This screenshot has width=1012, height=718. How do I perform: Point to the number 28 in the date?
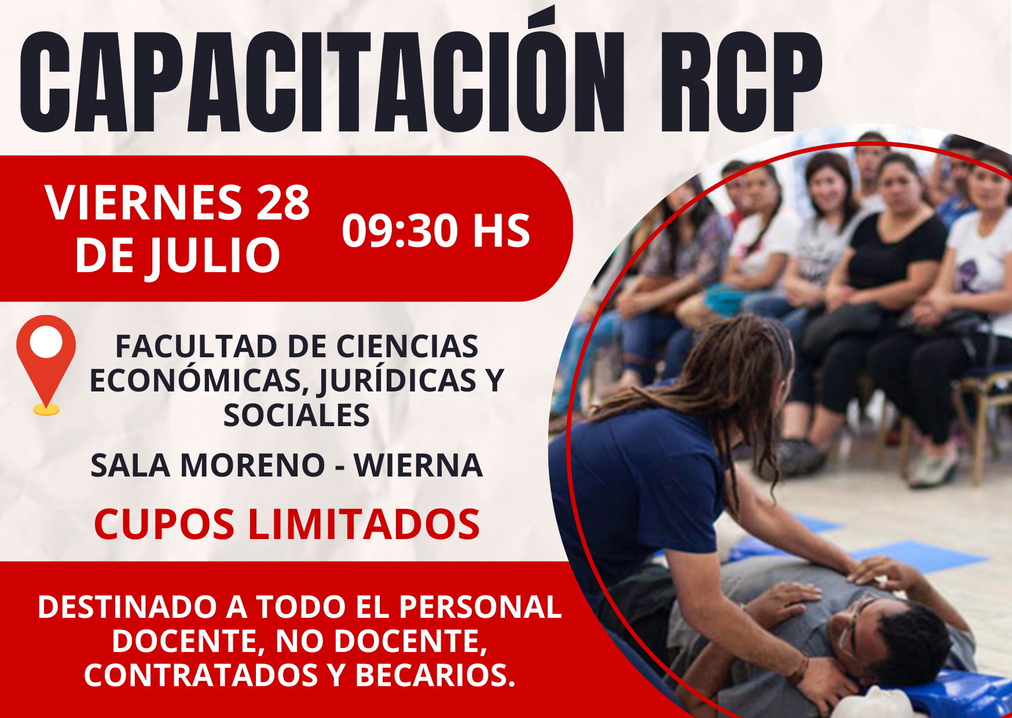pyautogui.click(x=283, y=203)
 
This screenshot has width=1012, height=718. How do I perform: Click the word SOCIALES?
pyautogui.click(x=296, y=415)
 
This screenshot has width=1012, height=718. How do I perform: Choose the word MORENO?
pyautogui.click(x=252, y=466)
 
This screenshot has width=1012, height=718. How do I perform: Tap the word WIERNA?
pyautogui.click(x=418, y=466)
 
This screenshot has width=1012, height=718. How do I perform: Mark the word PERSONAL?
pyautogui.click(x=480, y=607)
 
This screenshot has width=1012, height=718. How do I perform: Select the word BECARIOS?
pyautogui.click(x=435, y=675)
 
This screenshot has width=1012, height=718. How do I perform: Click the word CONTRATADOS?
pyautogui.click(x=201, y=675)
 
